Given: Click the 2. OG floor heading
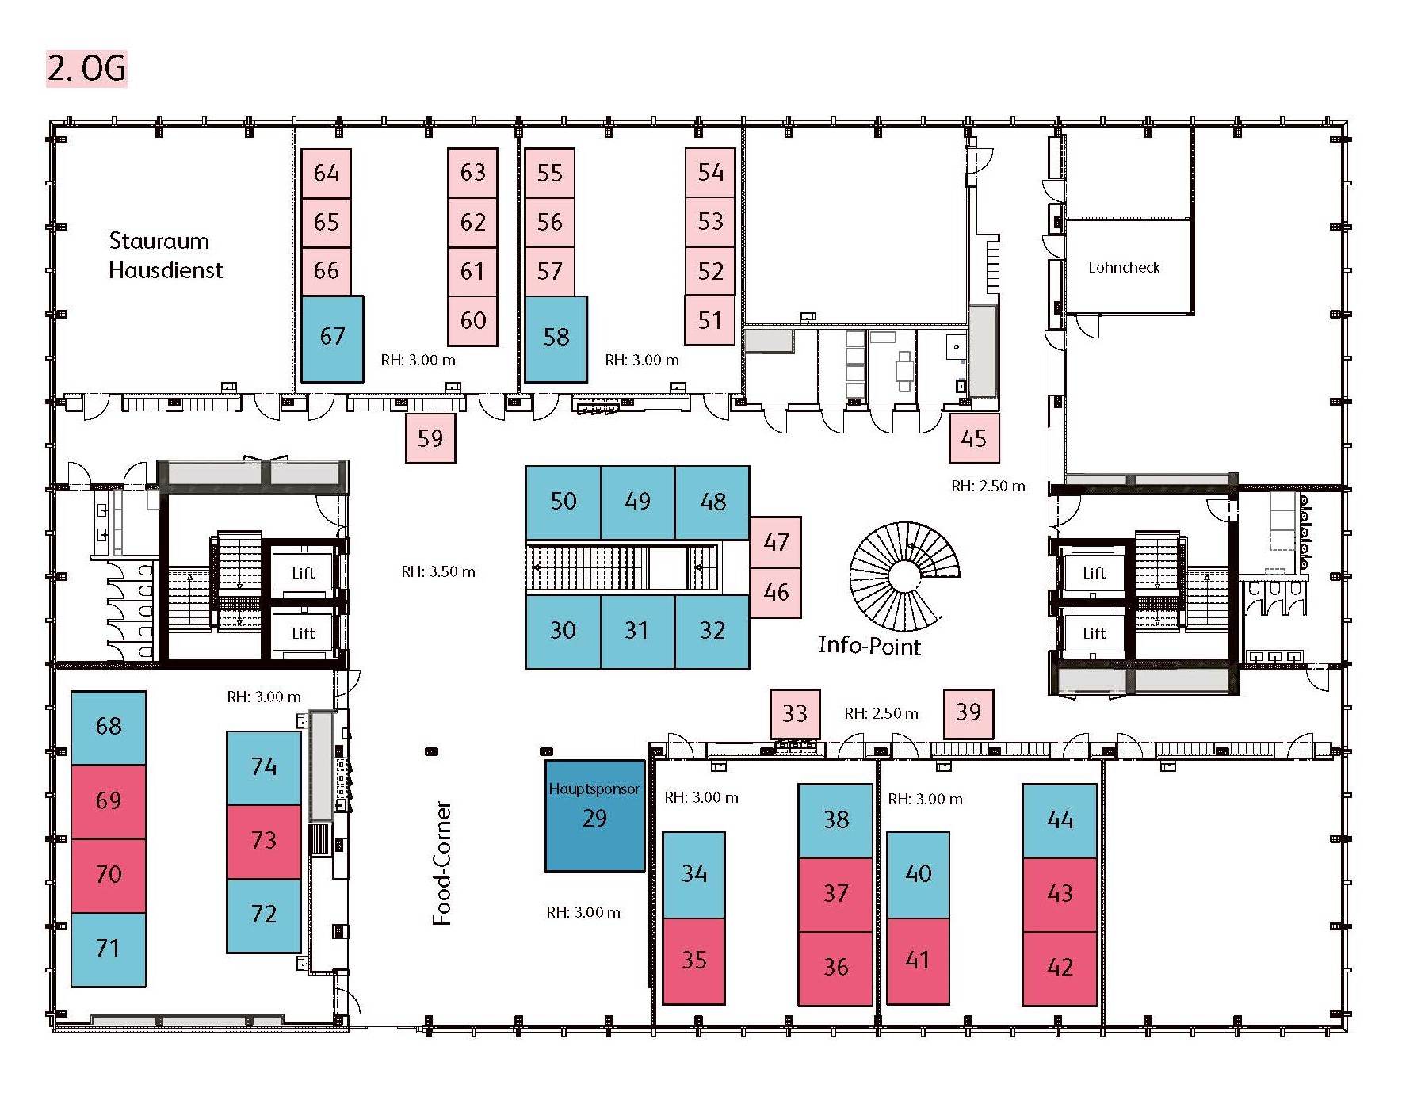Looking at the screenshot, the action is click(x=86, y=69).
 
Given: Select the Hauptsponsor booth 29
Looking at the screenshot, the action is click(x=594, y=816).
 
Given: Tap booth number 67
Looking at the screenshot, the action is click(x=333, y=338).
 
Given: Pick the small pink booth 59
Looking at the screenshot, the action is click(x=430, y=438).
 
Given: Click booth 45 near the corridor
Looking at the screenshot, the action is click(x=974, y=438).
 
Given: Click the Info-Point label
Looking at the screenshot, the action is click(x=869, y=646).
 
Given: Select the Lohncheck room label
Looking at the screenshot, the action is click(x=1124, y=268).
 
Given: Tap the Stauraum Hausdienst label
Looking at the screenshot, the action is click(x=166, y=255).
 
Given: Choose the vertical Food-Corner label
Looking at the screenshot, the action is click(x=441, y=863).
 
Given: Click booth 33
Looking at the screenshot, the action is click(x=795, y=713).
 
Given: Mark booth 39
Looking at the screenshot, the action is click(x=968, y=713).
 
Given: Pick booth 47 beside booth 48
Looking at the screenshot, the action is click(x=776, y=542).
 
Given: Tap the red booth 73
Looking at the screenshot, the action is click(x=264, y=842).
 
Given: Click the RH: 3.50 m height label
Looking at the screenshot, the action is click(x=438, y=571).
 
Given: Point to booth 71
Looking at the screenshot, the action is click(x=109, y=949).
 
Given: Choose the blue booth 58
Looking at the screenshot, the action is click(x=556, y=338).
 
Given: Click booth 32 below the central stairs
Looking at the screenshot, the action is click(x=712, y=632).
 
